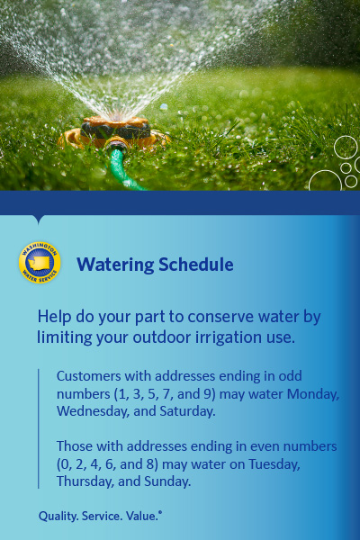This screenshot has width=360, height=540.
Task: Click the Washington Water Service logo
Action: (40, 263)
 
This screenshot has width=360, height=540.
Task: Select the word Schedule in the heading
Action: (196, 265)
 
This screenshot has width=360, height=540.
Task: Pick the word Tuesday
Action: (274, 464)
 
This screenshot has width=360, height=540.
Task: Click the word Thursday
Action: (85, 481)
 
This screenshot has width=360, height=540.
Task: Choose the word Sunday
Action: (167, 481)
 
